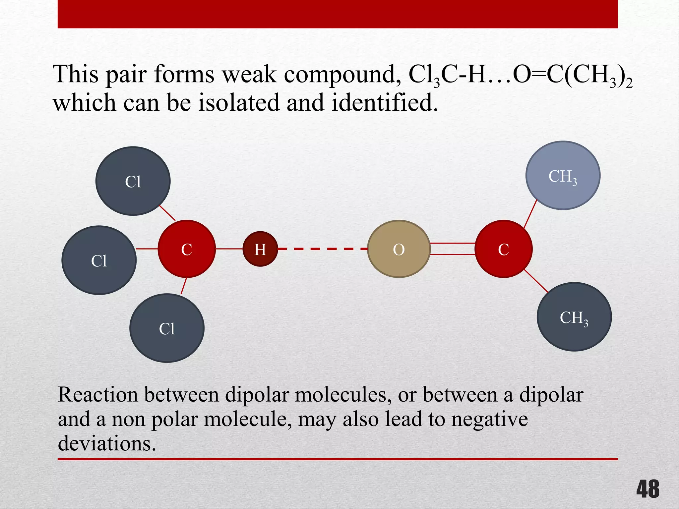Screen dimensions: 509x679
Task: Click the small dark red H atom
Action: click(x=260, y=249)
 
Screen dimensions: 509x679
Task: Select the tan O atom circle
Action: click(x=399, y=249)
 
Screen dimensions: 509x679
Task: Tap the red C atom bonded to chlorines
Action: click(x=187, y=249)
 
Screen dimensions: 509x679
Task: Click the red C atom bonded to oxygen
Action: click(x=503, y=249)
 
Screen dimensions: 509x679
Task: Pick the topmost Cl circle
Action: click(x=133, y=181)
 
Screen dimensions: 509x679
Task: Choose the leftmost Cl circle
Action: click(x=99, y=260)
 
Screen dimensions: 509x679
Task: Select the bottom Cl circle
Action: click(x=167, y=328)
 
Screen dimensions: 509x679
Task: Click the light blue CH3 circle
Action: click(x=563, y=176)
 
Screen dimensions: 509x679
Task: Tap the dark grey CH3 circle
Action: click(x=574, y=317)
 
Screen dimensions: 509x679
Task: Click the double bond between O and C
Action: click(x=453, y=249)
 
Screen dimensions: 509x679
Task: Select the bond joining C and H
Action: click(x=229, y=249)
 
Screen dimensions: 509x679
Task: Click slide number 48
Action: click(x=648, y=489)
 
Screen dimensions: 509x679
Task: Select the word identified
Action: click(x=384, y=103)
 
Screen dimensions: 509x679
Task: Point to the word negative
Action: click(x=489, y=419)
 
